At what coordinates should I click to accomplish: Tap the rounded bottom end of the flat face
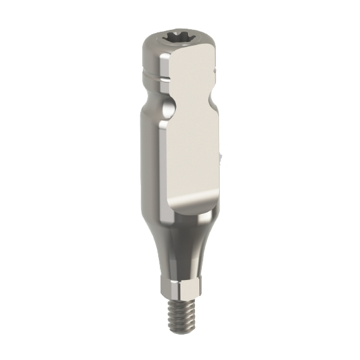190,206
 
